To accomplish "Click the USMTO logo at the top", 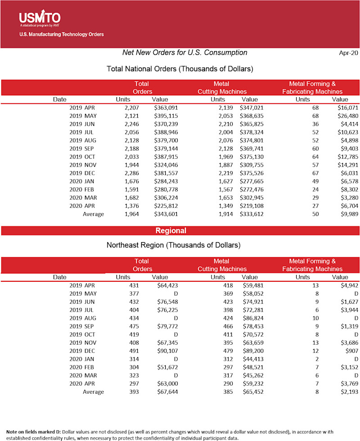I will (x=40, y=18).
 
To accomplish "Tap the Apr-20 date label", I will (x=348, y=53).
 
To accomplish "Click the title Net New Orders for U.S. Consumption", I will (x=184, y=53).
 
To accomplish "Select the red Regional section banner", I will (x=171, y=231).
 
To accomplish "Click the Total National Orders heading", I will (x=180, y=69).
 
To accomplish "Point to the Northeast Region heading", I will (x=173, y=246).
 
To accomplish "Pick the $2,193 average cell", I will (x=349, y=391).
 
